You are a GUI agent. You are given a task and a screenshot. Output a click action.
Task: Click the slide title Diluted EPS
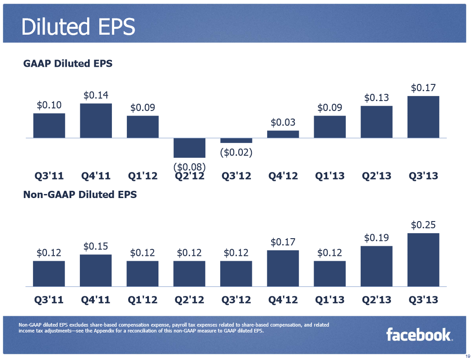click(x=78, y=27)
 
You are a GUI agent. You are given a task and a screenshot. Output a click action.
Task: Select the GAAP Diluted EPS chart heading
click(x=68, y=64)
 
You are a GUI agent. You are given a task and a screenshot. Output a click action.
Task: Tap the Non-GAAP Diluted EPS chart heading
click(x=80, y=195)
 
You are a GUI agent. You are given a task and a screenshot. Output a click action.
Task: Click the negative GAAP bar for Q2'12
click(x=189, y=148)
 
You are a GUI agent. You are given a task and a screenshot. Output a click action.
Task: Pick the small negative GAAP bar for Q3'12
click(x=236, y=140)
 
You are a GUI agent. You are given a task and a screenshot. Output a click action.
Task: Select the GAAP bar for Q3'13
click(x=423, y=117)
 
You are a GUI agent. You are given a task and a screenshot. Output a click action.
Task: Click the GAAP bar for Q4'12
click(x=283, y=134)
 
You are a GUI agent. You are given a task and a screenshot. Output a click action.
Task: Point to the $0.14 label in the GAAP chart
click(x=96, y=95)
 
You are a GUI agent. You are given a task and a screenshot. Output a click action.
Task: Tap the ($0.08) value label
click(x=189, y=167)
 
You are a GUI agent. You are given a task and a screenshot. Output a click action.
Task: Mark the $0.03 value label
click(x=283, y=122)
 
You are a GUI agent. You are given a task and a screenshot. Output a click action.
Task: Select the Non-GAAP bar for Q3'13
click(x=423, y=259)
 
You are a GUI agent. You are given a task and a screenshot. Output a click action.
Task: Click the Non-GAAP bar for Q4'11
click(x=96, y=270)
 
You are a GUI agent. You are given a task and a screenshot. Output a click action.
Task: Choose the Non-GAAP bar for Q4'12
click(x=283, y=268)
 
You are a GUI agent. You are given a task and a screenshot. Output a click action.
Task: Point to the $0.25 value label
click(x=423, y=225)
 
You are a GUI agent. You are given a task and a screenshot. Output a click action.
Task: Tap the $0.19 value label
click(x=376, y=237)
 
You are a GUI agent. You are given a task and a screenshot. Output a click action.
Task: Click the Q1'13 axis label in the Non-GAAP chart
click(x=329, y=300)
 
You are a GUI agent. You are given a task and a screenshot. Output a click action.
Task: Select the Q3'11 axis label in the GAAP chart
click(x=49, y=175)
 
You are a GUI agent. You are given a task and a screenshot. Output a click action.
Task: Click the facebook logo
click(x=419, y=335)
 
